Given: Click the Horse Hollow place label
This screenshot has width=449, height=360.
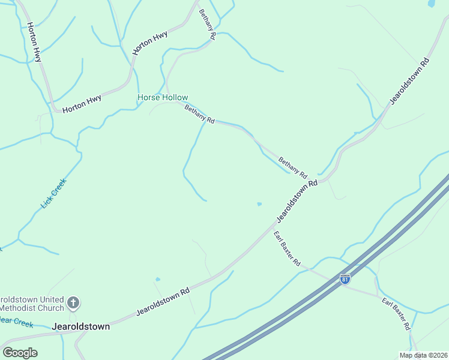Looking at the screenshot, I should tap(163, 97).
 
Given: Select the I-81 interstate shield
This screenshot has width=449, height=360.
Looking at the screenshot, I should tap(345, 279).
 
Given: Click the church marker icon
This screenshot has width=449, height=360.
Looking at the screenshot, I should tap(73, 303).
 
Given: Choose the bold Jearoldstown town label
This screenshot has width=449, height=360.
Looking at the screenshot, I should tap(81, 327).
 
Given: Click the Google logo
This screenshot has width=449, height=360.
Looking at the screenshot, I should tap(20, 353).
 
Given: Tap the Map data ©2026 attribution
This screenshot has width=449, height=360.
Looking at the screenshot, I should tap(423, 355).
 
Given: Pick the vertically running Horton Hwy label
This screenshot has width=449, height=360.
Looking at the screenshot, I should tap(34, 43).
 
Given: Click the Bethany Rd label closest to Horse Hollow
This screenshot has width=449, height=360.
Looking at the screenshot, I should tap(199, 114).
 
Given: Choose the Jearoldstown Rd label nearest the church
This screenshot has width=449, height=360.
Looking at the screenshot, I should tap(163, 301).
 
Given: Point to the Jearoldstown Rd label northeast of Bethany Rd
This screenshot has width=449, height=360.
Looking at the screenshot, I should tap(411, 81).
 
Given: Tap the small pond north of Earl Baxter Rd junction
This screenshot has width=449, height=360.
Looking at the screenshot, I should tap(259, 204).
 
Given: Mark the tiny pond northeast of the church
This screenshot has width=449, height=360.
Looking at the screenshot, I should tap(157, 279).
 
